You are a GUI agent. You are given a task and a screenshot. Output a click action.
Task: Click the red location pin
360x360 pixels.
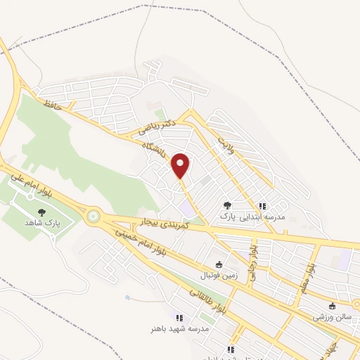(181, 165)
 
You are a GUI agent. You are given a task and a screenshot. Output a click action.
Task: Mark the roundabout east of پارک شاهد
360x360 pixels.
(91, 216)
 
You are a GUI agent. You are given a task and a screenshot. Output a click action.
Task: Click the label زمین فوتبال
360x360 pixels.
(218, 277)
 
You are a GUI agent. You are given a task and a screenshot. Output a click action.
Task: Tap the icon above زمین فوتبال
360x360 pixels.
(219, 265)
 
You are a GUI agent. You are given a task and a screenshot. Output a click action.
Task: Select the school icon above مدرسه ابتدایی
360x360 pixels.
(262, 206)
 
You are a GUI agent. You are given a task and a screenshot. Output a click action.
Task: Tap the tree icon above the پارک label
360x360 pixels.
(226, 205)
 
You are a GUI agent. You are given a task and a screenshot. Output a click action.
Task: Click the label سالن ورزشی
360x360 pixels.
(333, 317)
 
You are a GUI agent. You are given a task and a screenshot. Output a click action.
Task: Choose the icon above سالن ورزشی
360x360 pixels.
(333, 305)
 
